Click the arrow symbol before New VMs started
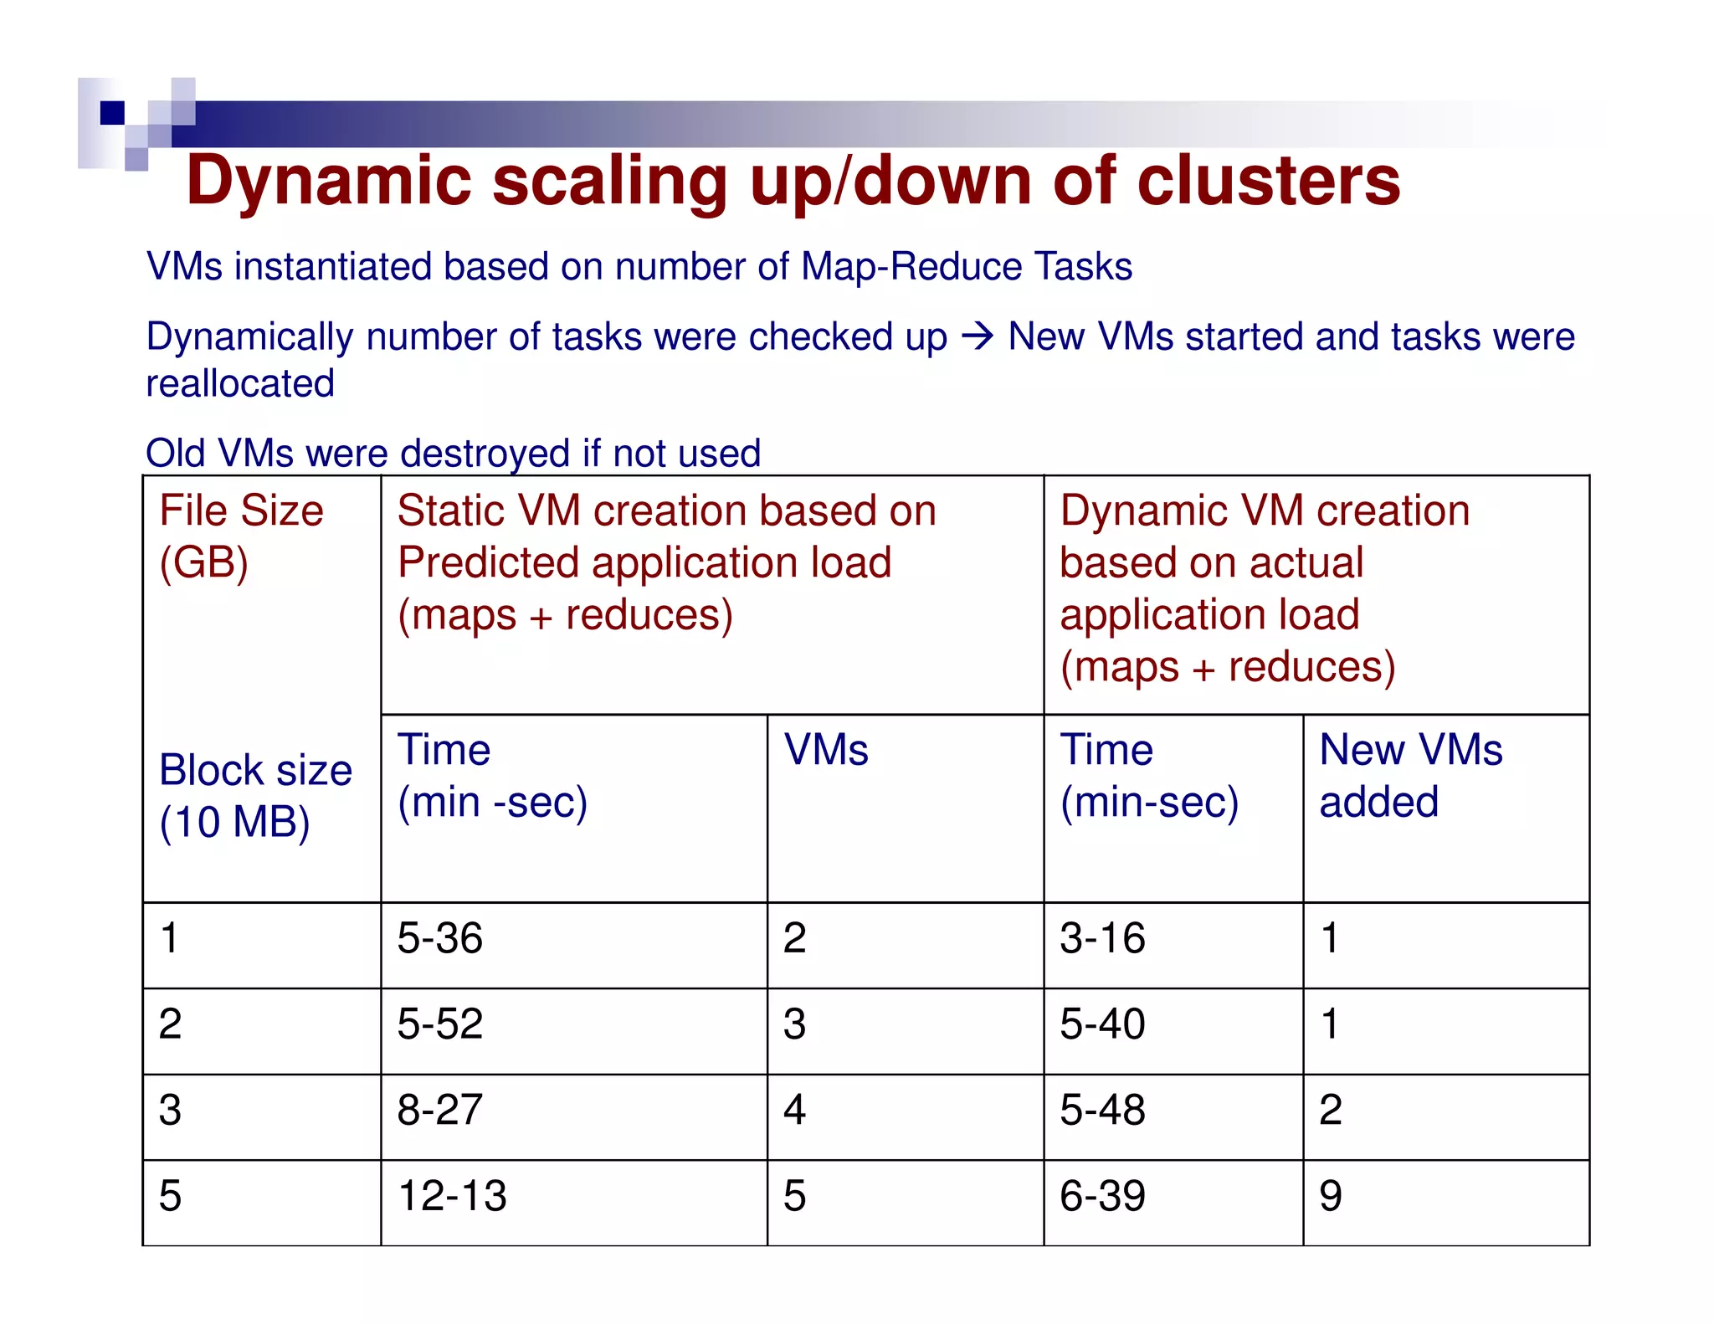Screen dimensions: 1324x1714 (x=977, y=337)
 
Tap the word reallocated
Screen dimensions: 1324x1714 (x=240, y=384)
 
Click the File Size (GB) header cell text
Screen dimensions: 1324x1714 (x=241, y=536)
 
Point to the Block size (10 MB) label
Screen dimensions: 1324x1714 (x=254, y=795)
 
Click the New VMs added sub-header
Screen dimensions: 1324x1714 (x=1410, y=775)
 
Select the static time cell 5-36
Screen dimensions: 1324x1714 (x=439, y=938)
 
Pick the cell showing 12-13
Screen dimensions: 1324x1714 (x=452, y=1196)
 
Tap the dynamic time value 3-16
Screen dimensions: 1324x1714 (x=1102, y=938)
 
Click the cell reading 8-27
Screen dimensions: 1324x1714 (x=439, y=1111)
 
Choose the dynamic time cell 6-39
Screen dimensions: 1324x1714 (x=1102, y=1196)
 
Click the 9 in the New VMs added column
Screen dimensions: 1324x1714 (x=1331, y=1196)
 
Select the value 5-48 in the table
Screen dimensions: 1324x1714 (x=1102, y=1111)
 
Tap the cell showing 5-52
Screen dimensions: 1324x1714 (x=439, y=1024)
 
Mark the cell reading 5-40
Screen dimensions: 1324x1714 (x=1102, y=1024)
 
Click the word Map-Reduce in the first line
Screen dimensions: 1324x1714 (x=911, y=267)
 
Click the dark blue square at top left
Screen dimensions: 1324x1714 (x=112, y=112)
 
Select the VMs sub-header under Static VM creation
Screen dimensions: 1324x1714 (x=825, y=750)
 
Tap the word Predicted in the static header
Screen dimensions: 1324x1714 (x=488, y=562)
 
